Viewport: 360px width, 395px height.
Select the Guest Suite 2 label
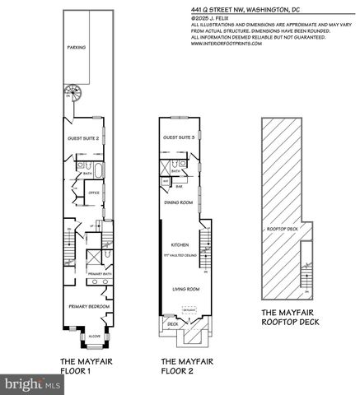pyautogui.click(x=86, y=138)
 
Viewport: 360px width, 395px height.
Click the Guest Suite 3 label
pyautogui.click(x=179, y=137)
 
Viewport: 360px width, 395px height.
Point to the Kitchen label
pyautogui.click(x=180, y=245)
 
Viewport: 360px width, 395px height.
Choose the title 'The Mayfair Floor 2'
pyautogui.click(x=180, y=365)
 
